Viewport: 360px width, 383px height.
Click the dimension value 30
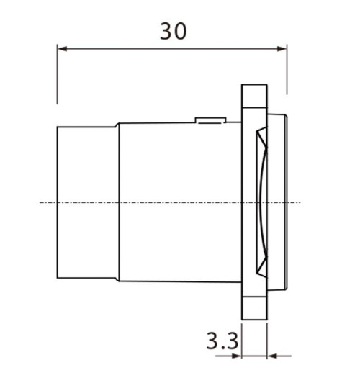pos(173,31)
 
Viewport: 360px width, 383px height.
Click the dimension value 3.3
pos(221,340)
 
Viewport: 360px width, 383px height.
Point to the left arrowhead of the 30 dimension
pos(61,49)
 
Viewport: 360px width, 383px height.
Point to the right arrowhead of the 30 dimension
pos(282,49)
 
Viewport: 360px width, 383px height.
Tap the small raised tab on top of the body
pos(211,120)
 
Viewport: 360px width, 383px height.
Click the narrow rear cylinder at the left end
pos(86,202)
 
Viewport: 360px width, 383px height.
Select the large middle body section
pos(180,202)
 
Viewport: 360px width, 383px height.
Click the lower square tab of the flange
pos(254,308)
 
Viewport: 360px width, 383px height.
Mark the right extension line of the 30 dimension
pos(287,72)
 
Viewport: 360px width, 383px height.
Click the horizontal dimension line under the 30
pos(173,49)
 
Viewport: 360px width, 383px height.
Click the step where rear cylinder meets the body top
pos(117,126)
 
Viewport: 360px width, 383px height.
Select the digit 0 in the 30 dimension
pos(180,31)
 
